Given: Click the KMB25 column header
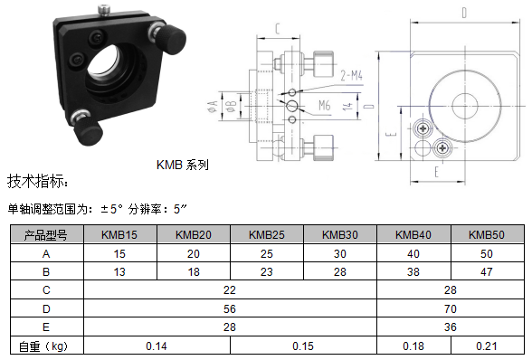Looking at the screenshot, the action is (266, 234).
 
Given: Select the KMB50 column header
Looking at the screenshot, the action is (486, 234).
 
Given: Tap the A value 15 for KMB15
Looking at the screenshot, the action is (119, 254).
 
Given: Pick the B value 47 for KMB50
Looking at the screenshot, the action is (486, 271).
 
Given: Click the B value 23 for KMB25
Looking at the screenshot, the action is (266, 271).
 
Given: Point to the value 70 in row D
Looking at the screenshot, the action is (451, 308).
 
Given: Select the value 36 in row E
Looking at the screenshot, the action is (451, 327).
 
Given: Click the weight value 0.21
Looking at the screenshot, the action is (486, 346).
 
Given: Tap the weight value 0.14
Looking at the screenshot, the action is (157, 346).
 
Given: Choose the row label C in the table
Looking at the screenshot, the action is (46, 290).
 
